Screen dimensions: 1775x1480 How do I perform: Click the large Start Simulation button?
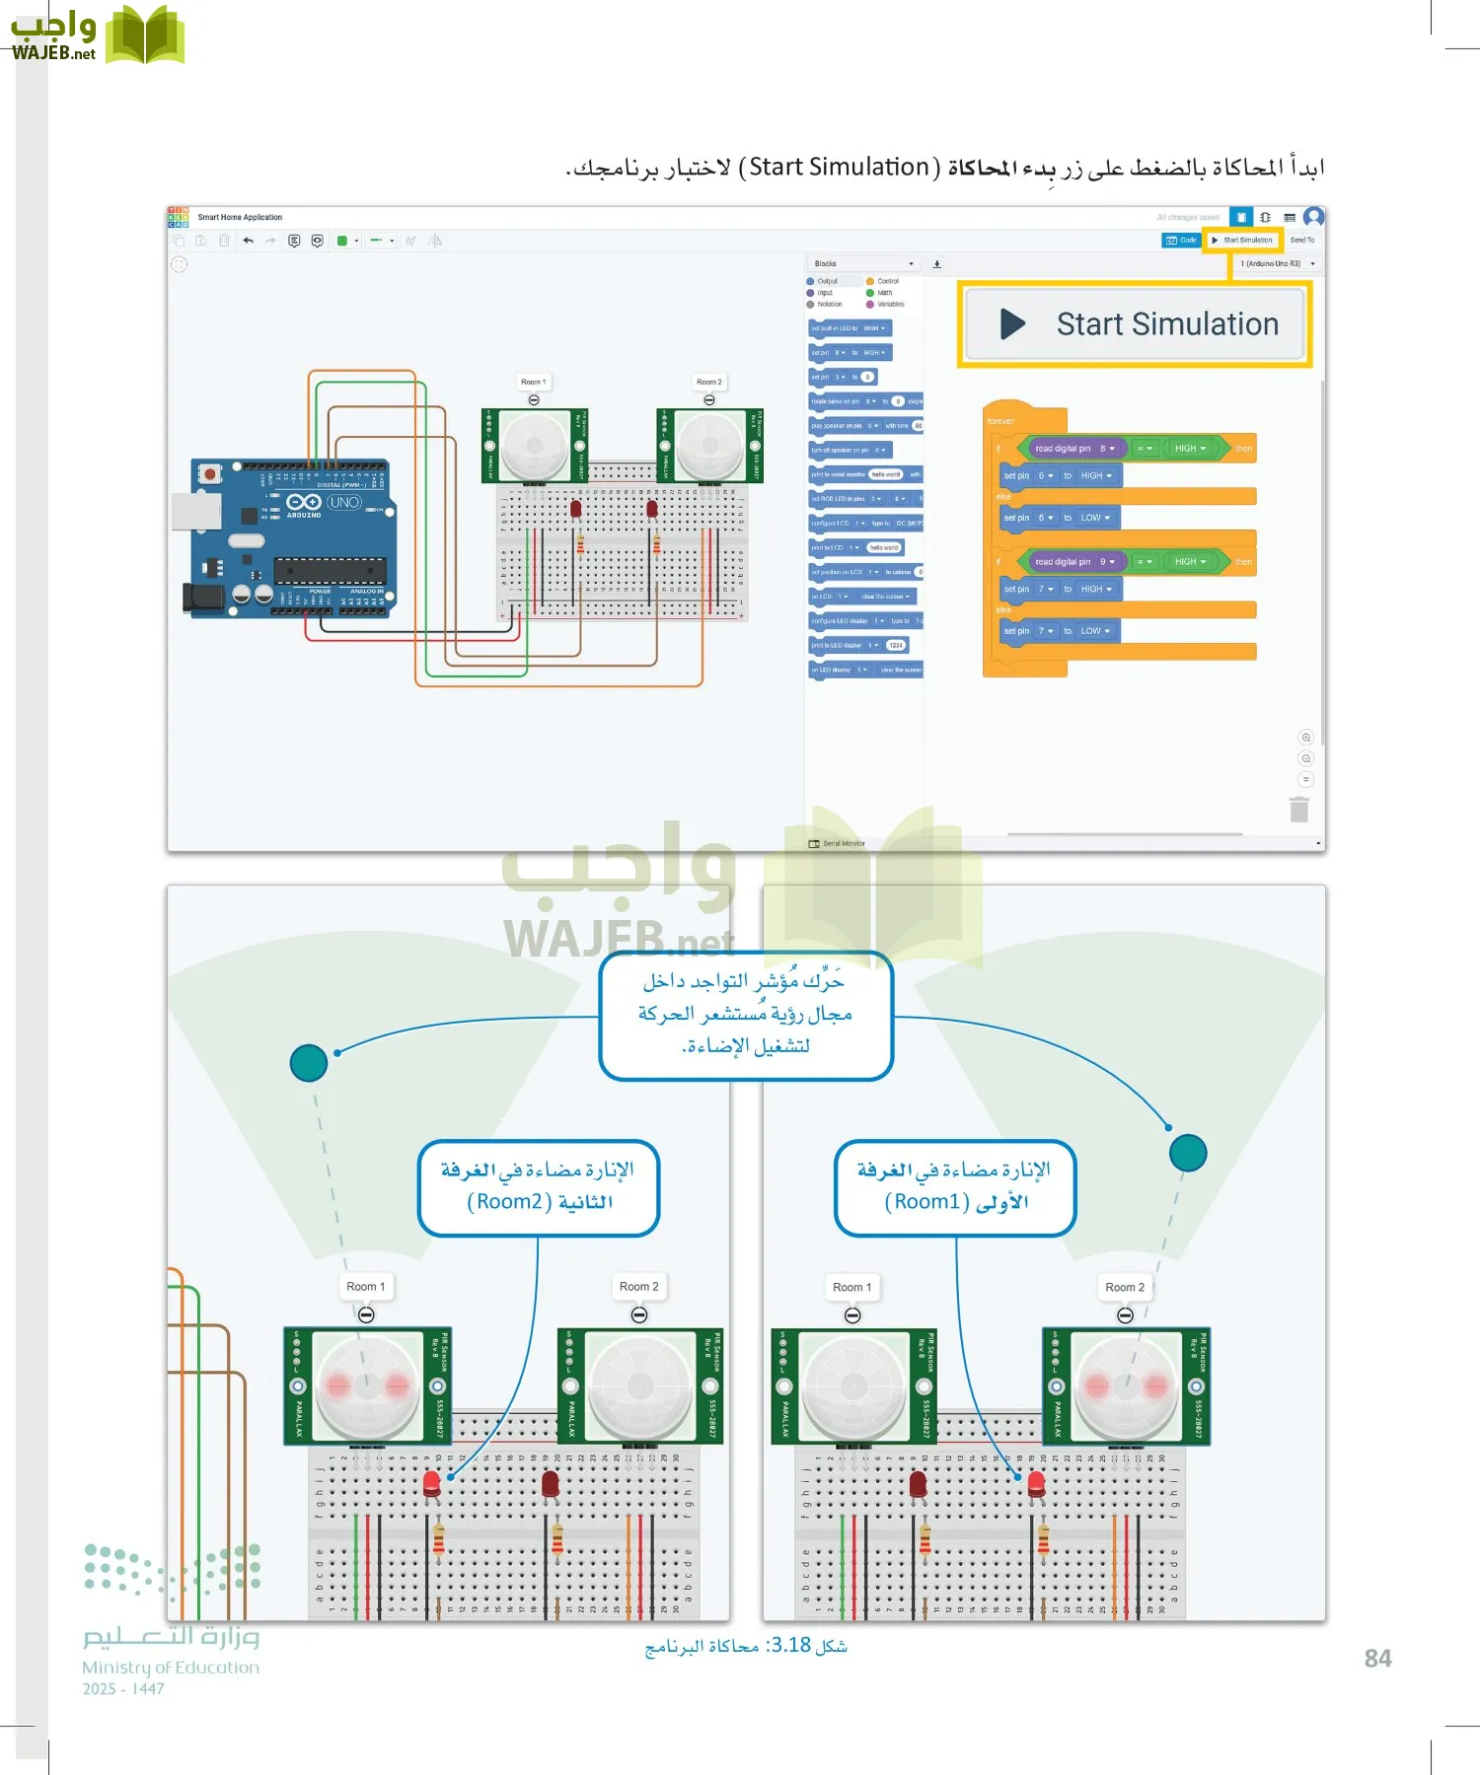(1135, 324)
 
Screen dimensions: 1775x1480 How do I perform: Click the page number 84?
(1377, 1659)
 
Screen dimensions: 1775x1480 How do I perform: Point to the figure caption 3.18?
(746, 1646)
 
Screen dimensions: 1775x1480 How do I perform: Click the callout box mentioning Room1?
(954, 1186)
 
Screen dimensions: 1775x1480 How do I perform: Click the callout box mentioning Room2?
(539, 1186)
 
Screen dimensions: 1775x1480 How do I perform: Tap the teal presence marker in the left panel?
(309, 1062)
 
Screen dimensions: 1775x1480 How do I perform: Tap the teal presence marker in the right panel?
(1188, 1153)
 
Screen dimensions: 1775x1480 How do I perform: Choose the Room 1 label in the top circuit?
(533, 382)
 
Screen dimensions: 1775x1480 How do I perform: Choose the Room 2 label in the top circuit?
(708, 382)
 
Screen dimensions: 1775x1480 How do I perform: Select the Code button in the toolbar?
(1181, 240)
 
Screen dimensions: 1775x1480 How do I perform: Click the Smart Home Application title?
(240, 217)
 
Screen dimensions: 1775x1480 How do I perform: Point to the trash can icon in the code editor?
(1299, 810)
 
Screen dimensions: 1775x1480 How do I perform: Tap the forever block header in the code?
(1000, 421)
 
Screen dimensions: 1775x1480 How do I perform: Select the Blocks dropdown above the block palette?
(863, 263)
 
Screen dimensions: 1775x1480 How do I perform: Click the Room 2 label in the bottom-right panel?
(1125, 1287)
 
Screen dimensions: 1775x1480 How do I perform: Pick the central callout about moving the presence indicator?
(746, 1014)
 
